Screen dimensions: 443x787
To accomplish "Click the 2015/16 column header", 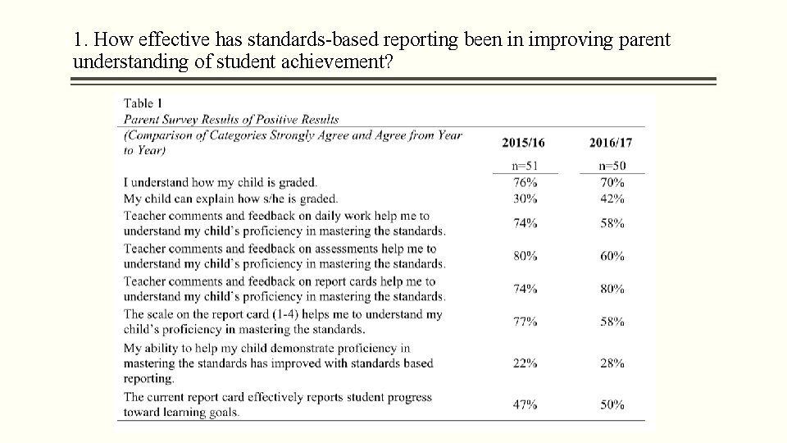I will (523, 143).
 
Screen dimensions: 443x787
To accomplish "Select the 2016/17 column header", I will (611, 143).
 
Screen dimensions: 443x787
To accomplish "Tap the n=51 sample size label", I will (525, 166).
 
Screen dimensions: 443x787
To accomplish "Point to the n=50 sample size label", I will (612, 166).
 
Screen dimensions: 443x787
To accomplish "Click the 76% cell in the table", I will (525, 182).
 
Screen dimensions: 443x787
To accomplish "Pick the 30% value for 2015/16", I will (525, 199).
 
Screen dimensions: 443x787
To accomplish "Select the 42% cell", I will (612, 199).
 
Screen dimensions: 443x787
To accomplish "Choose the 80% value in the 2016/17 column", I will (612, 289).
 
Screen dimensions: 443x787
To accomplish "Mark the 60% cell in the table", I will (612, 256).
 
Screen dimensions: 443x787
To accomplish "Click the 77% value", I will (525, 322).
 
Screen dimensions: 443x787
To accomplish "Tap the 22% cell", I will (525, 363).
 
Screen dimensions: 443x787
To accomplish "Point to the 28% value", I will (612, 363).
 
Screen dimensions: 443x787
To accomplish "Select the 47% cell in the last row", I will (525, 404).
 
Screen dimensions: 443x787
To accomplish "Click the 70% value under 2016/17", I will (612, 182).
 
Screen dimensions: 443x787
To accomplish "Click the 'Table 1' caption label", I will (143, 103).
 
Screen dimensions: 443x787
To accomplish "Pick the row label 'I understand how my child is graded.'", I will (220, 182).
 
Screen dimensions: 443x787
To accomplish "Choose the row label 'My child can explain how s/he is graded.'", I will (230, 199).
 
